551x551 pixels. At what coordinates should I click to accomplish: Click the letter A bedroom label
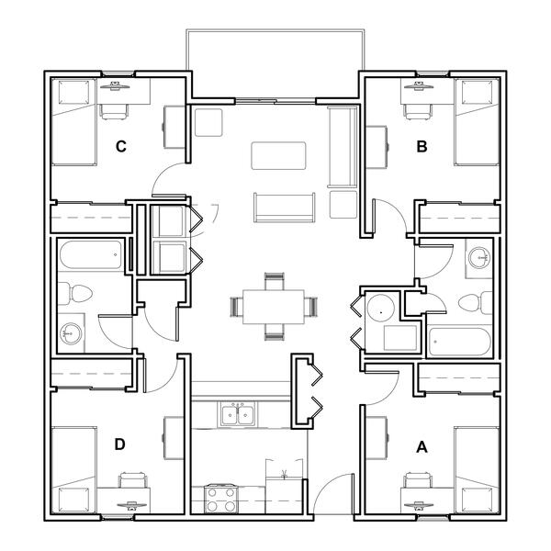pyautogui.click(x=422, y=447)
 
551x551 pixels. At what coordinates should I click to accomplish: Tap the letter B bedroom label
pyautogui.click(x=422, y=146)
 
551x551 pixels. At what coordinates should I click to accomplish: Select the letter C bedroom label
pyautogui.click(x=121, y=146)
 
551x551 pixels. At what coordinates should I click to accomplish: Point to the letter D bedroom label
pyautogui.click(x=119, y=444)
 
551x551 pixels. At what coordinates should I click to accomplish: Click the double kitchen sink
pyautogui.click(x=237, y=415)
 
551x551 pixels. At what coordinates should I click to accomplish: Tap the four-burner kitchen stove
pyautogui.click(x=221, y=499)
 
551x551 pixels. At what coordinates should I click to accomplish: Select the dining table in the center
pyautogui.click(x=273, y=307)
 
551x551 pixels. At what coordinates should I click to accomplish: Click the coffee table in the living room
pyautogui.click(x=278, y=156)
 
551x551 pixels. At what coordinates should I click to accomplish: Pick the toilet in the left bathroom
pyautogui.click(x=75, y=293)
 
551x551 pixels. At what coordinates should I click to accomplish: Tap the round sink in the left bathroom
pyautogui.click(x=71, y=333)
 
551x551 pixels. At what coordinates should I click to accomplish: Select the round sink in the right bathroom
pyautogui.click(x=479, y=257)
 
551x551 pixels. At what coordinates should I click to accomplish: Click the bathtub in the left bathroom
pyautogui.click(x=91, y=254)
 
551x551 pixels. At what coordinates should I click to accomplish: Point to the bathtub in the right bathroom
pyautogui.click(x=460, y=342)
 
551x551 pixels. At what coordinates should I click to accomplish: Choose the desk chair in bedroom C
pyautogui.click(x=113, y=112)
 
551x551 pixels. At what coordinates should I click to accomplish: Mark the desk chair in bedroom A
pyautogui.click(x=417, y=480)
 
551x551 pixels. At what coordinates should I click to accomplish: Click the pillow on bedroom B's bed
pyautogui.click(x=477, y=93)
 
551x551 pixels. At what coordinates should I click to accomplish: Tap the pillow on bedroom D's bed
pyautogui.click(x=73, y=500)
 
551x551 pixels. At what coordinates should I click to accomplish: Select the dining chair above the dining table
pyautogui.click(x=274, y=281)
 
